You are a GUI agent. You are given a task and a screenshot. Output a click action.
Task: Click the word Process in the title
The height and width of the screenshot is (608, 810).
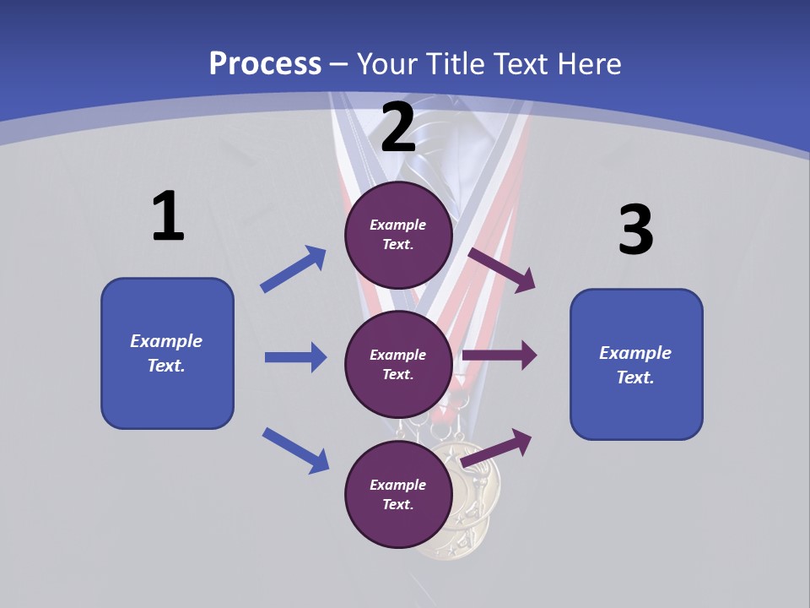click(x=265, y=63)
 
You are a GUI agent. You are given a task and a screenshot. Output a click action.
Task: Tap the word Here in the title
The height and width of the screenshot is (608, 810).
click(x=589, y=63)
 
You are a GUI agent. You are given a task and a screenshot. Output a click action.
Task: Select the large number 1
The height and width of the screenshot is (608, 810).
click(x=168, y=217)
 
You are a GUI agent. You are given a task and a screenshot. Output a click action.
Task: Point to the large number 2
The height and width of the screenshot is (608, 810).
click(x=398, y=128)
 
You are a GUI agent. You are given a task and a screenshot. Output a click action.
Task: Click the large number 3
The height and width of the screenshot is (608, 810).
click(x=635, y=231)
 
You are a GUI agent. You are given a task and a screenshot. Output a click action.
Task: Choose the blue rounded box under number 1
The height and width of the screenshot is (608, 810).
click(x=167, y=353)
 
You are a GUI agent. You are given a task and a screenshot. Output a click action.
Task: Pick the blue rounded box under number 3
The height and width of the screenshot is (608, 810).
click(x=636, y=364)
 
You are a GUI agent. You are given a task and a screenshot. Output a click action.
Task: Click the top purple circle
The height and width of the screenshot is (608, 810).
click(x=398, y=235)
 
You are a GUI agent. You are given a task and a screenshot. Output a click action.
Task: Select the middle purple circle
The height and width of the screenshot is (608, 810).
click(x=398, y=364)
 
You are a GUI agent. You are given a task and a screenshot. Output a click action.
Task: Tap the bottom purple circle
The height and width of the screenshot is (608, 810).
click(x=398, y=494)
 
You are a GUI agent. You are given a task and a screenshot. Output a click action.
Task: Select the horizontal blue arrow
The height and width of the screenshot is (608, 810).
click(x=295, y=357)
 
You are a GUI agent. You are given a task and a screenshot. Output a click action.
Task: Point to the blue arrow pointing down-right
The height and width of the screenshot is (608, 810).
click(x=295, y=449)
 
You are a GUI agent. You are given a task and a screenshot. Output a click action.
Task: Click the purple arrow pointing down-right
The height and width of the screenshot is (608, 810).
click(x=502, y=269)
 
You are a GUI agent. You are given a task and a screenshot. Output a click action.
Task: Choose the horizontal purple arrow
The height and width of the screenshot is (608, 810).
click(x=499, y=356)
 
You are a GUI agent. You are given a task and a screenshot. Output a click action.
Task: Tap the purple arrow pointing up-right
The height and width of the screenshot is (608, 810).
click(x=498, y=448)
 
